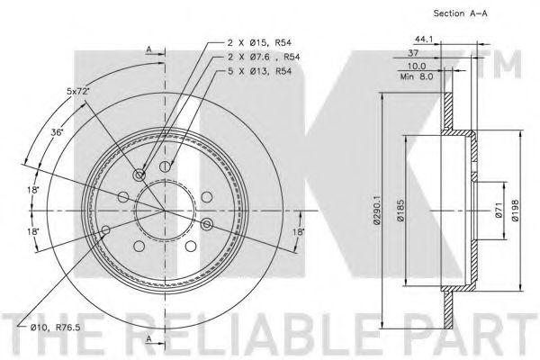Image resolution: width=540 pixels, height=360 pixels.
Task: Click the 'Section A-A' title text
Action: pyautogui.click(x=460, y=13)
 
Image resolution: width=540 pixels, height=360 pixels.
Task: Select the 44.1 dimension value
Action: pyautogui.click(x=424, y=40)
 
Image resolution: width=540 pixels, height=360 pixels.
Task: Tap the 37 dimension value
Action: pyautogui.click(x=413, y=53)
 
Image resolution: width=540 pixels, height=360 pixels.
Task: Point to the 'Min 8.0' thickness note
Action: pyautogui.click(x=417, y=76)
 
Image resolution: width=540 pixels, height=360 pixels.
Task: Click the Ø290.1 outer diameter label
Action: pyautogui.click(x=377, y=210)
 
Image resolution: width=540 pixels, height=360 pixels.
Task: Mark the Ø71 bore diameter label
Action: pyautogui.click(x=499, y=210)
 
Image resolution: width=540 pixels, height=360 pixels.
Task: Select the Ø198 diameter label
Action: pyautogui.click(x=515, y=210)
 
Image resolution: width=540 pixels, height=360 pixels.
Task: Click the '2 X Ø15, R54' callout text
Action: pyautogui.click(x=259, y=42)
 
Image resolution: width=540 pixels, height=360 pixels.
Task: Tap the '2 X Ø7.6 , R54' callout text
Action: pyautogui.click(x=264, y=57)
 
